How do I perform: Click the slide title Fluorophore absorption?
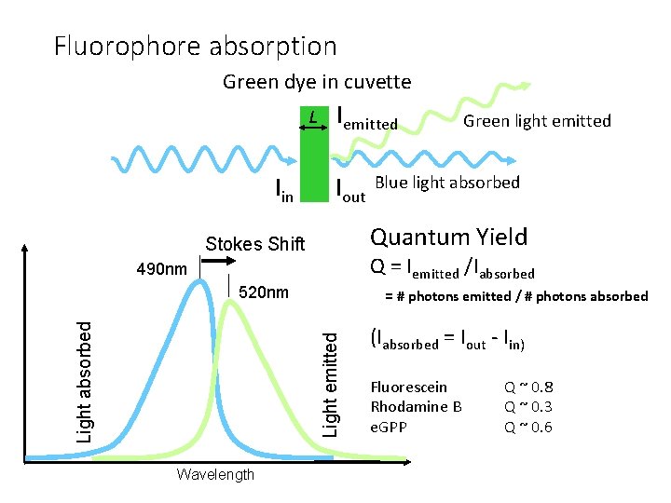coord(195,46)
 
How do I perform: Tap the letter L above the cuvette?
coord(314,116)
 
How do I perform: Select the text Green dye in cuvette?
coord(316,82)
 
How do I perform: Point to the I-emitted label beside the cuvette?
coord(367,119)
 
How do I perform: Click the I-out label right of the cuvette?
coord(349,190)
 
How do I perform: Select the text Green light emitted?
coord(537,120)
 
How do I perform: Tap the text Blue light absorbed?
coord(446,183)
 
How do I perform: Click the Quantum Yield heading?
coord(448,238)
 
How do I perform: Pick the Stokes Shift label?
coord(254,244)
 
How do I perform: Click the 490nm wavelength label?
coord(161,269)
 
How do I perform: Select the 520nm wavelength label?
coord(264,292)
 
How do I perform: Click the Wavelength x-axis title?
coord(214,475)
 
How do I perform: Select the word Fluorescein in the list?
coord(408,387)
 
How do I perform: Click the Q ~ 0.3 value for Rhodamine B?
coord(527,406)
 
